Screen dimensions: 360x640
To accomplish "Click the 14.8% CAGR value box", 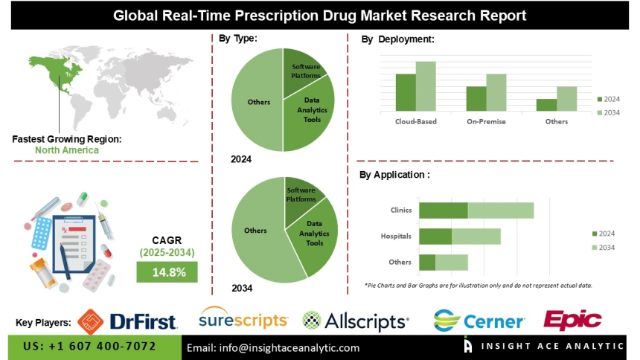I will (167, 272).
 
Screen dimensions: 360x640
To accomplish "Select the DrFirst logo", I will (127, 321).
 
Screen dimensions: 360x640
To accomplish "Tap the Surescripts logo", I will (243, 320).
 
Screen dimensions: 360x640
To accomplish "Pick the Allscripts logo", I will (356, 321).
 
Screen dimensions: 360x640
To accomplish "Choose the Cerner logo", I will (480, 321).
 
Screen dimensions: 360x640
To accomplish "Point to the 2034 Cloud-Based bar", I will (425, 86).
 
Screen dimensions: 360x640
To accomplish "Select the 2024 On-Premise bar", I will (476, 99).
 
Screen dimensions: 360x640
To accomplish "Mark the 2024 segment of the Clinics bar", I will (443, 210).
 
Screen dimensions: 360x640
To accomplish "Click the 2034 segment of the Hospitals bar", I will (476, 237).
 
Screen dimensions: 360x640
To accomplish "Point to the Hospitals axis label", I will (396, 237).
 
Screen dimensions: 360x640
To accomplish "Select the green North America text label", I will (66, 150).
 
